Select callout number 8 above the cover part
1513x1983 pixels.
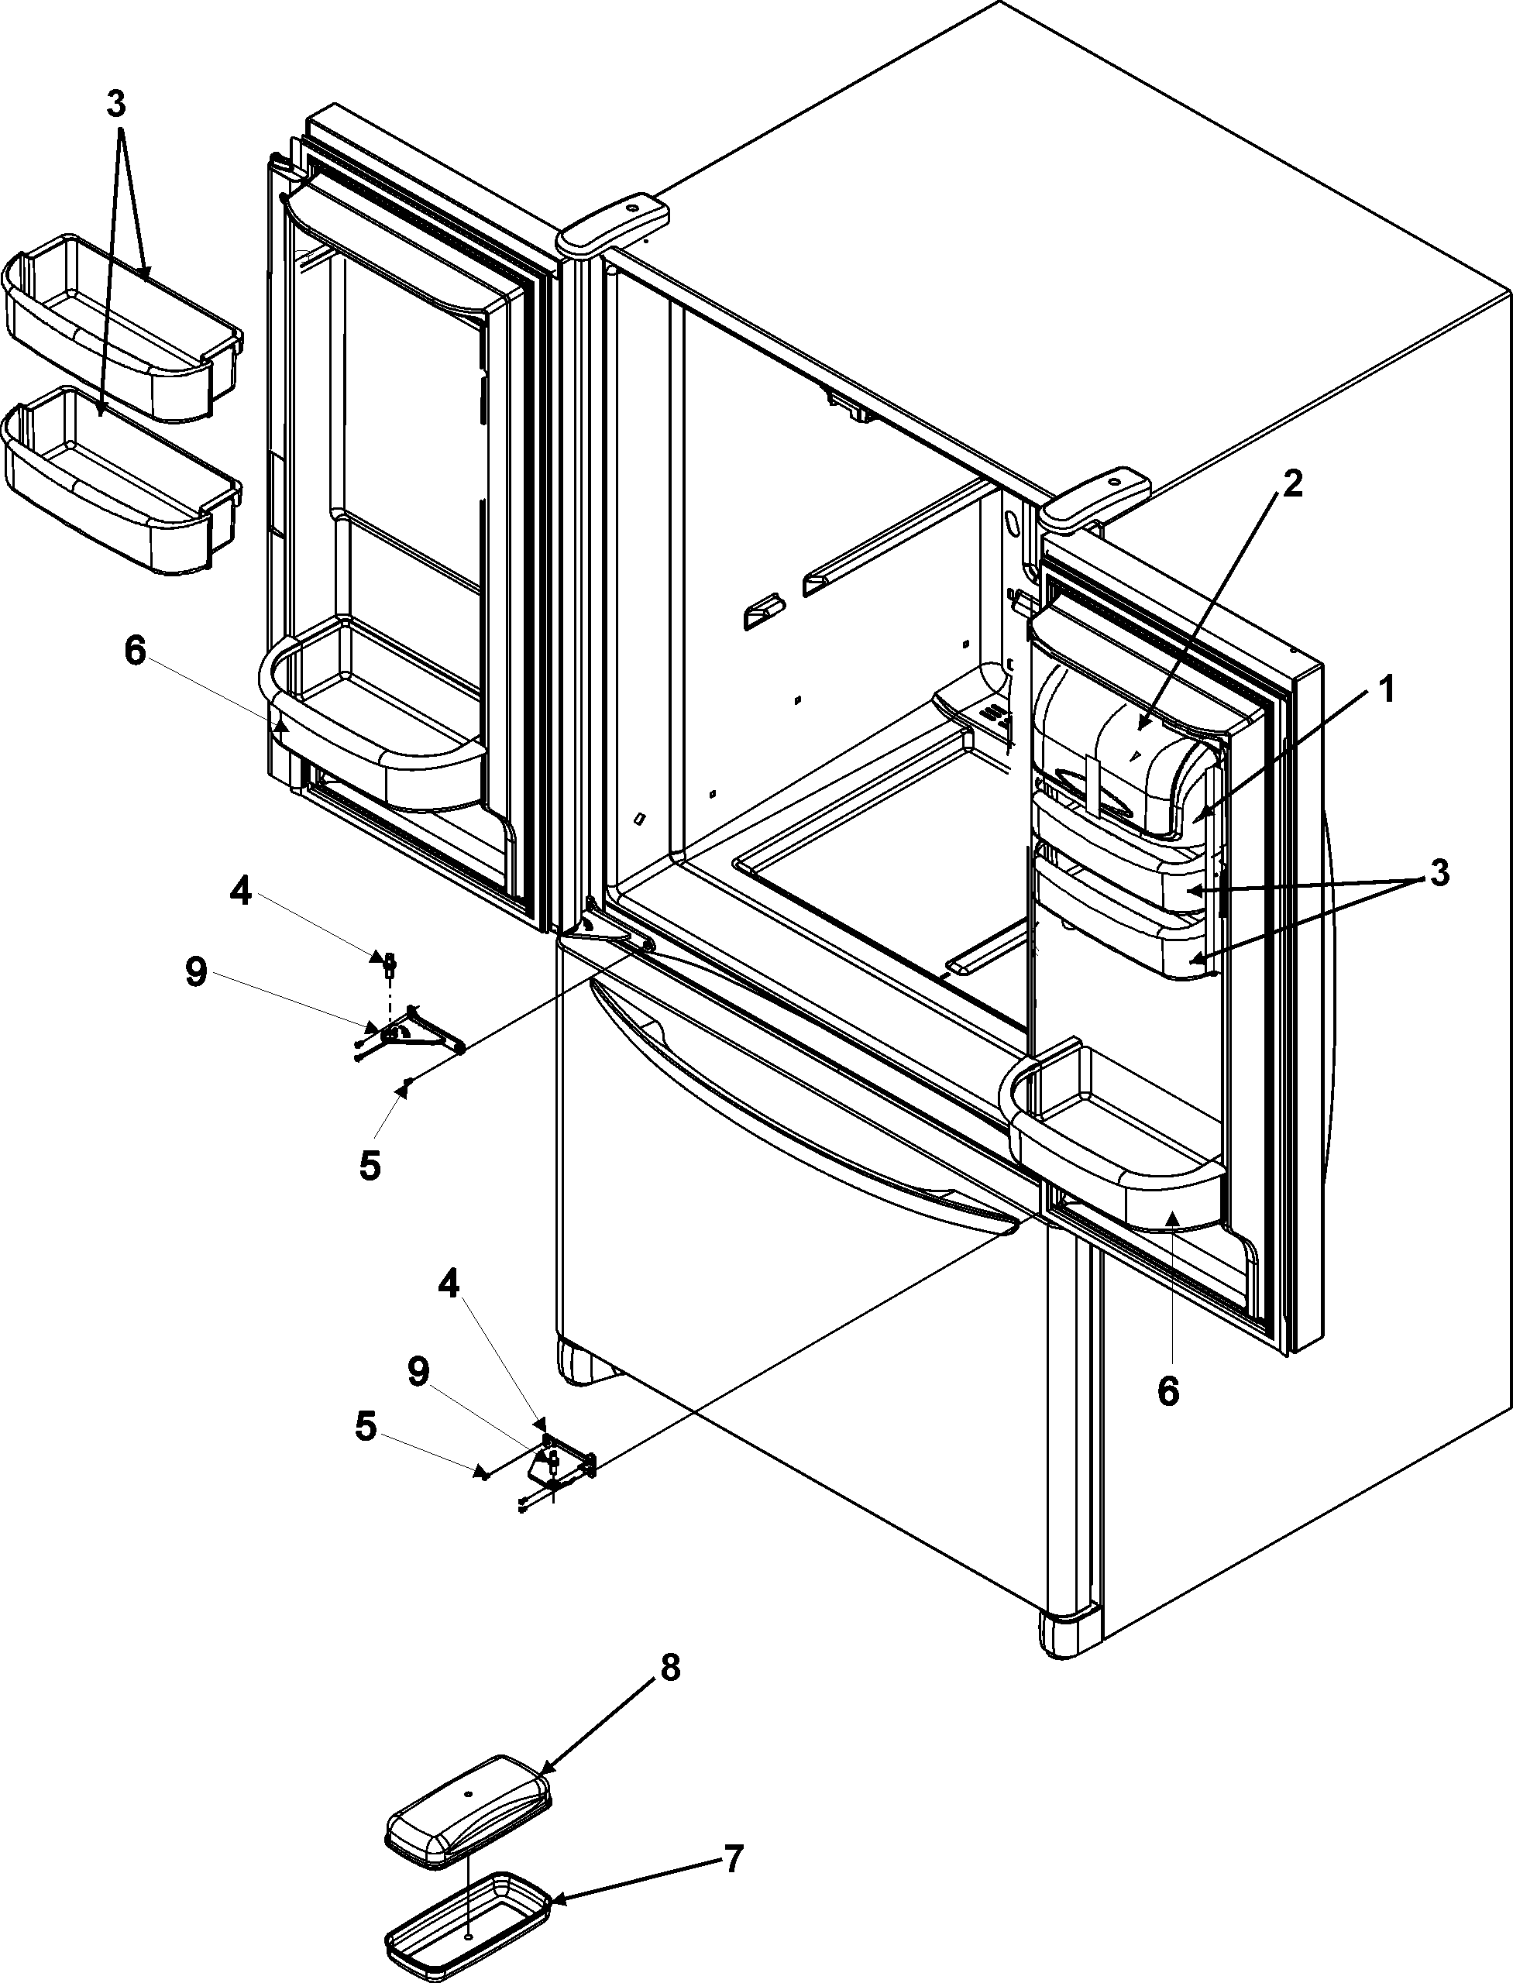tap(670, 1667)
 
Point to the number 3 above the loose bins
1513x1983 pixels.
tap(116, 105)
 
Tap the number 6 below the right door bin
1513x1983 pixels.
tap(1167, 1391)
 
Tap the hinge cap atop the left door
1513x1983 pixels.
tap(614, 222)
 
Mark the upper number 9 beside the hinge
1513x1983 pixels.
tap(195, 973)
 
